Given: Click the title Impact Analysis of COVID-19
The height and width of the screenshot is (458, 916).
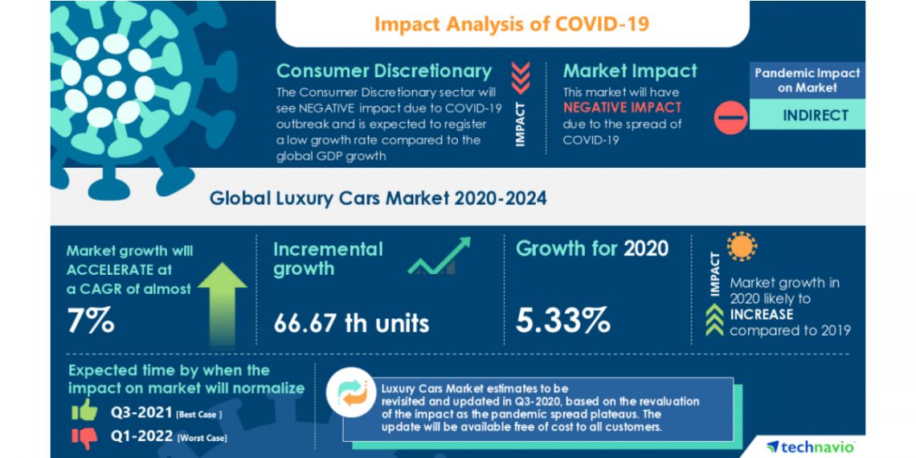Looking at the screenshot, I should click(512, 23).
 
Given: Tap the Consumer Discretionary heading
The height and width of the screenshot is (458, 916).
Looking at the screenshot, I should click(383, 71).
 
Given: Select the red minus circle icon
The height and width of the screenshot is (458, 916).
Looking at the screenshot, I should click(730, 117).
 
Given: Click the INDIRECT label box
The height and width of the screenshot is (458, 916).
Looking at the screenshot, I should click(816, 115).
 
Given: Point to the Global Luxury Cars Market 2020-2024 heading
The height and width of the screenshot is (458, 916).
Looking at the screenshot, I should click(378, 198).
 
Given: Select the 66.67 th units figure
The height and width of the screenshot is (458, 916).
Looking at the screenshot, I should click(351, 323).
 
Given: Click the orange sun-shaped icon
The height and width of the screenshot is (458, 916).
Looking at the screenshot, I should click(742, 247).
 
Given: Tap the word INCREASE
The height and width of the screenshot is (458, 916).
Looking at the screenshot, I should click(761, 314).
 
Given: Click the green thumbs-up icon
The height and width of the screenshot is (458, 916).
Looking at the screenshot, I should click(84, 412).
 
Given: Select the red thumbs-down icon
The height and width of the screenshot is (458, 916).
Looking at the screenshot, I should click(84, 436).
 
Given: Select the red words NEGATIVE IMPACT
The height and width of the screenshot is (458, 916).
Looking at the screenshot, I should click(622, 107).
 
